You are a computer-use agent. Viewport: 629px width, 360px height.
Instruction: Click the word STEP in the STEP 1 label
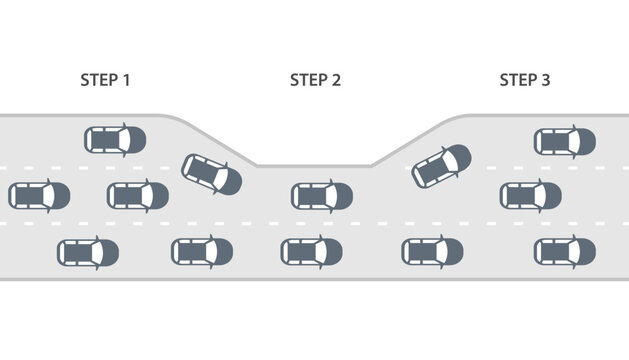pos(98,80)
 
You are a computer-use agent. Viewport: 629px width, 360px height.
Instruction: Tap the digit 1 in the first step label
pos(127,80)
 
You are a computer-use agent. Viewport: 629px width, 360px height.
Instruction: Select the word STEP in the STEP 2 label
pos(308,80)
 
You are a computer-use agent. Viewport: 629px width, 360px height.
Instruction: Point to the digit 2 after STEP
pos(337,80)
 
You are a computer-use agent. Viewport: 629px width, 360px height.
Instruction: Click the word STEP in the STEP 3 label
pos(518,80)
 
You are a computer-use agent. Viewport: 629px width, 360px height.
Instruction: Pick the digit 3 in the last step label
pos(546,80)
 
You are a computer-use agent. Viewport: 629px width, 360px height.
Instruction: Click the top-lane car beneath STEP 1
pos(114,139)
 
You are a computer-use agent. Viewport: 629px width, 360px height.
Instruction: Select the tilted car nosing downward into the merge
pos(211,174)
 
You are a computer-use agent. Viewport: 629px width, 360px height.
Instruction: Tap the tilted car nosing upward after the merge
pos(441,165)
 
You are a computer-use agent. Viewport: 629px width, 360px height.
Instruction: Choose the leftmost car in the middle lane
pos(39,196)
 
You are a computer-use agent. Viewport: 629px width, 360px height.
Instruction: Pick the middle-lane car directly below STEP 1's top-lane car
pos(138,196)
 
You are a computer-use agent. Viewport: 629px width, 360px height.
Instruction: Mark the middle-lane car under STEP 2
pos(322,196)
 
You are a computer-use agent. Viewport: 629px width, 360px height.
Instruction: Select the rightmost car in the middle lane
pos(531,196)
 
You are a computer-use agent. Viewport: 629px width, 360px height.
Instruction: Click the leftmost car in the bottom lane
pos(88,253)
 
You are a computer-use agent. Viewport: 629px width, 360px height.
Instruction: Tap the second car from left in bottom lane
pos(202,252)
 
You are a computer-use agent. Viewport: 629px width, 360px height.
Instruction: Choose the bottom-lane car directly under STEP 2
pos(312,252)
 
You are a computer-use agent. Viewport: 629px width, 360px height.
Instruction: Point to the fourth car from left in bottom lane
pos(432,252)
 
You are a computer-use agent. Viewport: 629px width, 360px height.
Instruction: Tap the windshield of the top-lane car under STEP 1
pos(127,139)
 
